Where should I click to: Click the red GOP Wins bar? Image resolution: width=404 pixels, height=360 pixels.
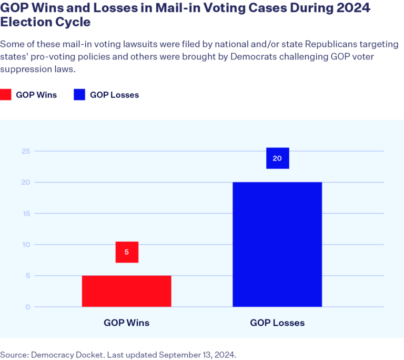(x=126, y=291)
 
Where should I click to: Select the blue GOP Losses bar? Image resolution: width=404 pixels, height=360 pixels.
(x=277, y=244)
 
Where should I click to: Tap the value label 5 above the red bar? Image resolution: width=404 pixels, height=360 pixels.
(x=127, y=252)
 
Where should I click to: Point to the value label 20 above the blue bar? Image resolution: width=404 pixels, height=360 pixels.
(x=277, y=158)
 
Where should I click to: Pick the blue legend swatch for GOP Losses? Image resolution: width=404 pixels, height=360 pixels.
(x=78, y=95)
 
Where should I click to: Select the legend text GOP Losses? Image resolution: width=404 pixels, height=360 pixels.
(x=114, y=95)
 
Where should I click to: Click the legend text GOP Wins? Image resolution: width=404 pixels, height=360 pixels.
(x=36, y=95)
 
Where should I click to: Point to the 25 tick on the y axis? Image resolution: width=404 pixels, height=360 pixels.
(x=25, y=152)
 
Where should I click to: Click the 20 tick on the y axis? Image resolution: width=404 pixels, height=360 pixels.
(x=25, y=183)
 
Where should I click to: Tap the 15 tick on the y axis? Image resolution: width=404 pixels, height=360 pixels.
(x=25, y=214)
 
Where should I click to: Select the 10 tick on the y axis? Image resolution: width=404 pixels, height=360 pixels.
(x=25, y=245)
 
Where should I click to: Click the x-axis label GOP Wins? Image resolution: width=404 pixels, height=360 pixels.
(x=127, y=323)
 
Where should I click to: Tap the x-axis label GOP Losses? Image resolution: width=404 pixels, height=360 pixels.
(x=277, y=323)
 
